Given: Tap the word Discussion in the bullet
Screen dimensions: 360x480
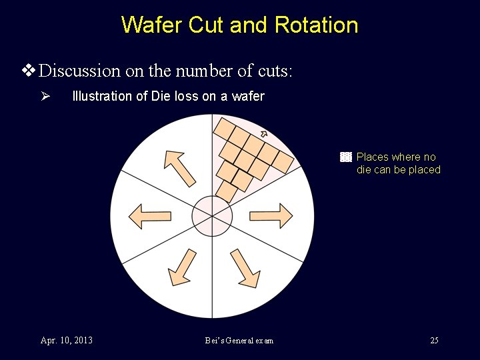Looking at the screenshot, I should coord(80,71).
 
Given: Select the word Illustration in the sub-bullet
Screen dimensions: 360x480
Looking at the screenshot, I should coord(102,96).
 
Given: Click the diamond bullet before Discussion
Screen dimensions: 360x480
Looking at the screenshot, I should coord(28,70).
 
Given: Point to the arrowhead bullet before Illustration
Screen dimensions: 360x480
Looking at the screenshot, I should coord(45,96).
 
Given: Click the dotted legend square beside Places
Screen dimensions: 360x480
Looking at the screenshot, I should coord(345,157).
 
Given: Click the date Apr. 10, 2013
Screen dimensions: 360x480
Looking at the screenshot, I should coord(67,341).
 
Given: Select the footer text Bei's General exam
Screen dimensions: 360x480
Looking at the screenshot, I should coord(239,341).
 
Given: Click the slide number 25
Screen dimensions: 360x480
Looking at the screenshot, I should coord(434,341).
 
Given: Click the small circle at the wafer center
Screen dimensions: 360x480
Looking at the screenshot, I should coord(212,216).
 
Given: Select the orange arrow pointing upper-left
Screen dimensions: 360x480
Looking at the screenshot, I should coord(179,167).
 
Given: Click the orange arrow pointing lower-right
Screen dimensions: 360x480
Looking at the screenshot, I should coord(244,267).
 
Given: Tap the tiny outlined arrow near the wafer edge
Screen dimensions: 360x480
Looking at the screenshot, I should coord(263,135).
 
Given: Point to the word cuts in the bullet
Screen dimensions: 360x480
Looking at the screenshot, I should coord(271,71).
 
